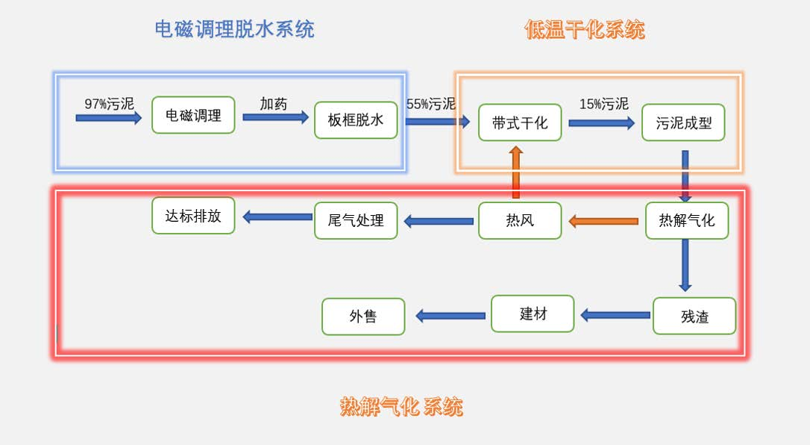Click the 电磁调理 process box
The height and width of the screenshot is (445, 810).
[x=193, y=115]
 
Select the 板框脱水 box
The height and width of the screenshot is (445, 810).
[x=356, y=120]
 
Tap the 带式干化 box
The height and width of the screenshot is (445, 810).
[x=520, y=122]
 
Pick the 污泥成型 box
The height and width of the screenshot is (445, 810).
[x=683, y=122]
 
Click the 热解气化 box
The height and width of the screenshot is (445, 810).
[x=686, y=220]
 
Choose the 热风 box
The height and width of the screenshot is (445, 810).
[x=520, y=220]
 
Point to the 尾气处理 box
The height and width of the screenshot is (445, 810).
[x=356, y=220]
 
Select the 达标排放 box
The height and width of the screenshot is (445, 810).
[x=193, y=216]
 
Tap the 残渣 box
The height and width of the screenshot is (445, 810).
[x=694, y=316]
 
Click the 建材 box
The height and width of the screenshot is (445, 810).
[x=533, y=314]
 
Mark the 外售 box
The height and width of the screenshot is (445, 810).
[x=363, y=317]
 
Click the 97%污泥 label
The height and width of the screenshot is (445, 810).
[x=109, y=104]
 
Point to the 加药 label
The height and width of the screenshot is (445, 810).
[x=274, y=104]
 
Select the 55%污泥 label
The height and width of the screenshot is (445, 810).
[x=430, y=104]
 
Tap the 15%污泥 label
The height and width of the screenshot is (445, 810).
[x=604, y=104]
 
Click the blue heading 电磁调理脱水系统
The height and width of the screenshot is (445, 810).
[x=234, y=29]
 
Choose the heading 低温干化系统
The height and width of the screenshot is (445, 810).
[x=584, y=30]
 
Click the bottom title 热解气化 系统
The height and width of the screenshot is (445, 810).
[x=401, y=407]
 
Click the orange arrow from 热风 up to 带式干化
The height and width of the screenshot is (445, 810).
[x=515, y=172]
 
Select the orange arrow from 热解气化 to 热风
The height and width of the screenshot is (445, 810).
[x=603, y=221]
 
